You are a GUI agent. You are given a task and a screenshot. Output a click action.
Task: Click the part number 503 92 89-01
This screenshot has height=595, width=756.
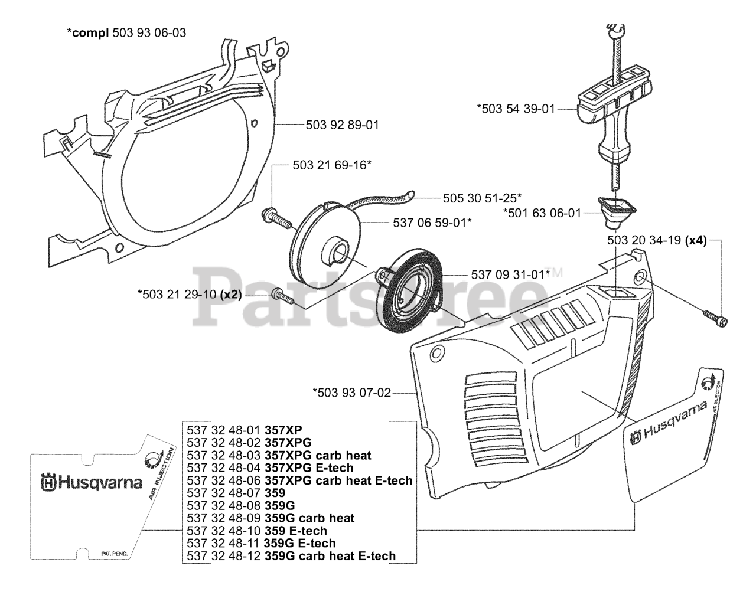coord(342,125)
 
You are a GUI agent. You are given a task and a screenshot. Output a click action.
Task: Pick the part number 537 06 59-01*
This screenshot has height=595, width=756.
coord(432,223)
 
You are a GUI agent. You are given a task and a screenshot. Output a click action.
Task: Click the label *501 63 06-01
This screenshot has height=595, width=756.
coord(542,213)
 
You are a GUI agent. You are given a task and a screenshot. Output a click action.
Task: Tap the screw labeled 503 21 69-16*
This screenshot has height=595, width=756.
coord(277,218)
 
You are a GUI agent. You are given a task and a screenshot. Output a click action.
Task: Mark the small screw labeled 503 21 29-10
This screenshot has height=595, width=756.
coord(283,295)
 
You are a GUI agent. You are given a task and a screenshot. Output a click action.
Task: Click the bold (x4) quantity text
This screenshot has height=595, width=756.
coord(696,241)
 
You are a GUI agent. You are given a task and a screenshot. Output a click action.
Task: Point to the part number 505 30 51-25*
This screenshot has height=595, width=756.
coord(482,198)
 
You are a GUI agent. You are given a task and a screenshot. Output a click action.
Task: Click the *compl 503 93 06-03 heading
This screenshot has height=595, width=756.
coord(126,32)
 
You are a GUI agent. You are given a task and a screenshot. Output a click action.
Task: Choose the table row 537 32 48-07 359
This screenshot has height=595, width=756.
coord(236,493)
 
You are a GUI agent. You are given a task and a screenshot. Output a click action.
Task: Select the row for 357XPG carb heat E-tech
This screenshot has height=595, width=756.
coord(299,480)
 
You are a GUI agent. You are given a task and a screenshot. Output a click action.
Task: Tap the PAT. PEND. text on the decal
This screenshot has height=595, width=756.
coord(112,554)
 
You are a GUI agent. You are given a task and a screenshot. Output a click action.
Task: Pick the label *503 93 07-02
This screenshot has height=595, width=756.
coord(351,393)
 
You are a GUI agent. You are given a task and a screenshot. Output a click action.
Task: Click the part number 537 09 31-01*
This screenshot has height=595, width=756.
coord(510,274)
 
